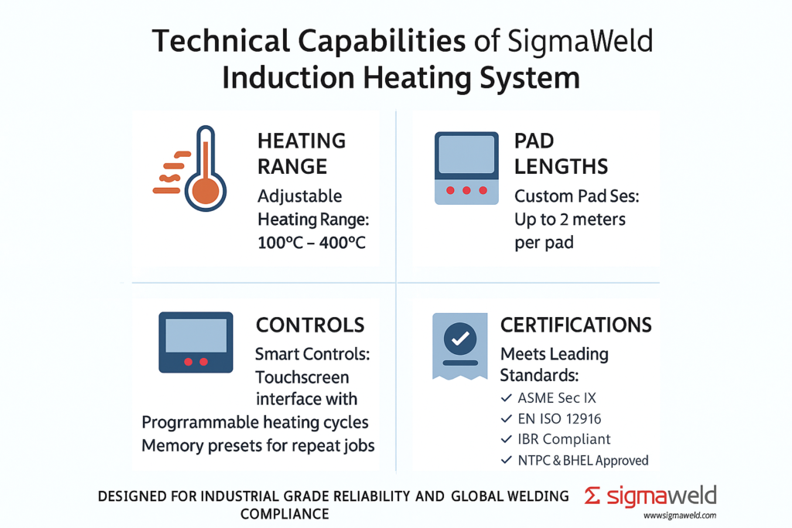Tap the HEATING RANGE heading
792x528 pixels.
tap(301, 153)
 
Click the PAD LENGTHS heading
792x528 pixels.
tap(561, 153)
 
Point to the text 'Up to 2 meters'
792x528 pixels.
tap(569, 220)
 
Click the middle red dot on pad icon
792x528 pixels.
tap(466, 190)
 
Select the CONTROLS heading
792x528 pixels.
tap(310, 325)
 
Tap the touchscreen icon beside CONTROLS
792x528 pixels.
tap(196, 342)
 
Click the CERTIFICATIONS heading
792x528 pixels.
tap(575, 325)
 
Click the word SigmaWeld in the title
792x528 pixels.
tap(577, 41)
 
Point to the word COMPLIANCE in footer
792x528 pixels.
tap(285, 513)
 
